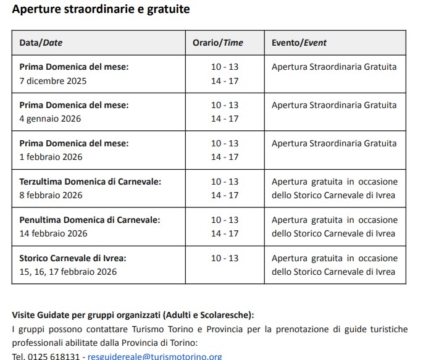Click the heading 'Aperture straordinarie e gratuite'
pyautogui.click(x=101, y=9)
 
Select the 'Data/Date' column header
pyautogui.click(x=41, y=43)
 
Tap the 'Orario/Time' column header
pyautogui.click(x=217, y=43)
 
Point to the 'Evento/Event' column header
pyautogui.click(x=299, y=43)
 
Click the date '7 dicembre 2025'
pyautogui.click(x=53, y=80)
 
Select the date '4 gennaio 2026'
pyautogui.click(x=50, y=119)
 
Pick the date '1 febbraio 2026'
pyautogui.click(x=51, y=157)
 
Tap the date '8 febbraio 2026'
pyautogui.click(x=51, y=195)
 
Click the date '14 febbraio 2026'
pyautogui.click(x=53, y=233)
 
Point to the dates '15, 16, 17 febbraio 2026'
pyautogui.click(x=68, y=272)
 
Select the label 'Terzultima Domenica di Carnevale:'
pyautogui.click(x=90, y=182)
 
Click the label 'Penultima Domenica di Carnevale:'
pyautogui.click(x=90, y=220)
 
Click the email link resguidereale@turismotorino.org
pyautogui.click(x=154, y=356)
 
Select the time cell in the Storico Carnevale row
pyautogui.click(x=225, y=258)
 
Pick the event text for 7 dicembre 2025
pyautogui.click(x=334, y=67)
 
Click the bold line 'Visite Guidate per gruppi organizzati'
pyautogui.click(x=133, y=314)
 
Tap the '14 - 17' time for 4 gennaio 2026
pyautogui.click(x=225, y=119)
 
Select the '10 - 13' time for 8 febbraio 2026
pyautogui.click(x=225, y=182)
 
